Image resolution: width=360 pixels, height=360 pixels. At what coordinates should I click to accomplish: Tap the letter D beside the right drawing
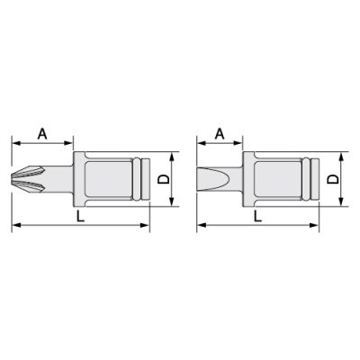(x=336, y=180)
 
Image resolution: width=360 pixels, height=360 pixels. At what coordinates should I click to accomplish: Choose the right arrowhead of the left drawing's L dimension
(x=144, y=227)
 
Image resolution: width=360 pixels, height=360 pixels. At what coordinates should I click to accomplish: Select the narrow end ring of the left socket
(x=141, y=180)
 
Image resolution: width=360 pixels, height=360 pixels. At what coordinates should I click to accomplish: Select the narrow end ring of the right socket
(x=315, y=180)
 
